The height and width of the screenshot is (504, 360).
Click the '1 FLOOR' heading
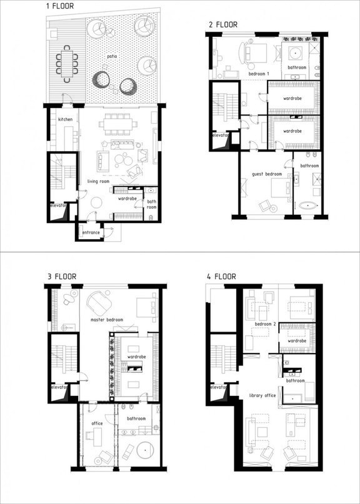(x=60, y=6)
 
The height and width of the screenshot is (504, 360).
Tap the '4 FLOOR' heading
(x=222, y=277)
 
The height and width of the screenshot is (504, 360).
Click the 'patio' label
(x=112, y=57)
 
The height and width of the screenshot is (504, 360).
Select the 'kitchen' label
(x=65, y=119)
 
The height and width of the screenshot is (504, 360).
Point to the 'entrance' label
(x=91, y=232)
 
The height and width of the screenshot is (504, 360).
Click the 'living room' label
(x=98, y=182)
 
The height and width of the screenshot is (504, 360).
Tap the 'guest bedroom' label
(x=267, y=174)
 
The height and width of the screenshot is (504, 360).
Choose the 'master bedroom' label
(x=107, y=320)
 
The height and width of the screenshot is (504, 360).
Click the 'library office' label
(x=262, y=395)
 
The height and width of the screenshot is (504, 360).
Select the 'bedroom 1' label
(x=259, y=74)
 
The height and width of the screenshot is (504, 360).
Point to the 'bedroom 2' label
(x=265, y=324)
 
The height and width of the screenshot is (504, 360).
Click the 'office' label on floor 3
(x=97, y=423)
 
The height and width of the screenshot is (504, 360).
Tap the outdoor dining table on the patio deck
(x=67, y=64)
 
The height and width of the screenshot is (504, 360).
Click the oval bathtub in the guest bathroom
(x=308, y=205)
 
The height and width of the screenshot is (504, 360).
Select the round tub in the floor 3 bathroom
(x=145, y=450)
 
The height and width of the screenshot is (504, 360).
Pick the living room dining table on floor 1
(x=117, y=124)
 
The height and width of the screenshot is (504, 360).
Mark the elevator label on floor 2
(x=221, y=136)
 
